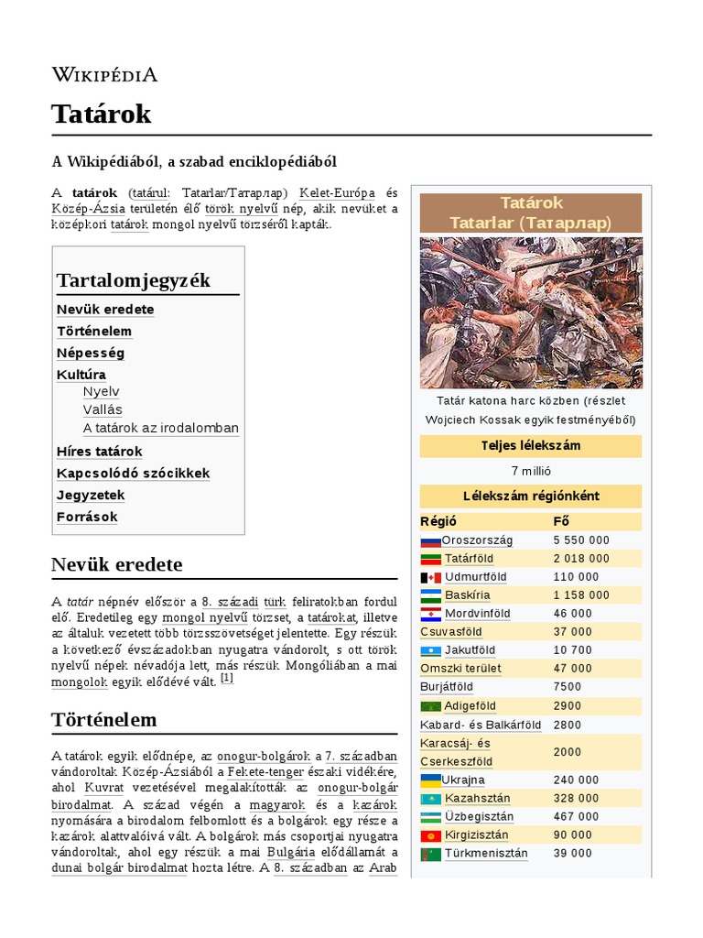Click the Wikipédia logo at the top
pos(104,74)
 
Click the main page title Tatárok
pos(102,115)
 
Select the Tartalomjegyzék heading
pos(134,279)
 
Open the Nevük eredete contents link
pos(105,310)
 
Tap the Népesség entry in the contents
pos(91,353)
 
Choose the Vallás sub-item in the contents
pos(103,409)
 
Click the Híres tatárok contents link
pos(100,452)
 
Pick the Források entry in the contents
pos(87,517)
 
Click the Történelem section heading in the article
pos(104,720)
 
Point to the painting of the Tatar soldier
pos(531,312)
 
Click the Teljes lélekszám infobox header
pos(531,446)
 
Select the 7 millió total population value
pos(531,471)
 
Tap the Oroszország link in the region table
pos(477,540)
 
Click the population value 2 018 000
pos(581,559)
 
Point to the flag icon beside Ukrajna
pos(429,780)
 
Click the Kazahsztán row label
pos(478,799)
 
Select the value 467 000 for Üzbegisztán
pos(577,817)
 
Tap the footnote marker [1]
pos(227,679)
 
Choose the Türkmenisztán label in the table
pos(486,854)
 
